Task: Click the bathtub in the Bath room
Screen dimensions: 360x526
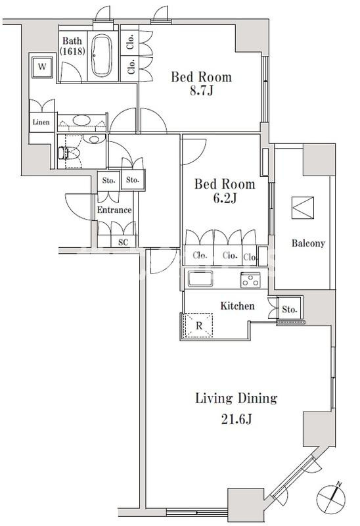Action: click(x=102, y=55)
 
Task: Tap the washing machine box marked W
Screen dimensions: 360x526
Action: click(x=42, y=67)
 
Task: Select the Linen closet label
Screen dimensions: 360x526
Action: click(x=41, y=122)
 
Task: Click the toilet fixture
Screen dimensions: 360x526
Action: click(x=70, y=153)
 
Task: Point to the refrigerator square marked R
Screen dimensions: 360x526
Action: click(x=199, y=325)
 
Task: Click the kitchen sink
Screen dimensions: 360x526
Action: click(x=200, y=279)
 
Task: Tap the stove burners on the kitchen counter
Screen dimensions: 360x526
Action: click(x=250, y=280)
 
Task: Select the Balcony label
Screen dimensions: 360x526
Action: click(x=308, y=243)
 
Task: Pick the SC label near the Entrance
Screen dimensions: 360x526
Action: click(x=123, y=242)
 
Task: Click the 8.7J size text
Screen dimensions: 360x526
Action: click(x=202, y=91)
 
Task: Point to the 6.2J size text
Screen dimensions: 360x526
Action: click(x=225, y=199)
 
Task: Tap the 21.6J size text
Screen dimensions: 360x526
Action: click(x=236, y=419)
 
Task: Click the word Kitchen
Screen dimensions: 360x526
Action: click(x=237, y=306)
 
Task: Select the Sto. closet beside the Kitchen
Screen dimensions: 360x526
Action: click(x=290, y=309)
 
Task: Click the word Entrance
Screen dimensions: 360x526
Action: click(x=114, y=210)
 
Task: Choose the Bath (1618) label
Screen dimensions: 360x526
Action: click(x=72, y=46)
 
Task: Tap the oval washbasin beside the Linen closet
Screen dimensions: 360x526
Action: click(x=81, y=120)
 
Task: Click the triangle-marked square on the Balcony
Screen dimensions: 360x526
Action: click(x=303, y=208)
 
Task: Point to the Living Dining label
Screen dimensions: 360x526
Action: click(x=236, y=398)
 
